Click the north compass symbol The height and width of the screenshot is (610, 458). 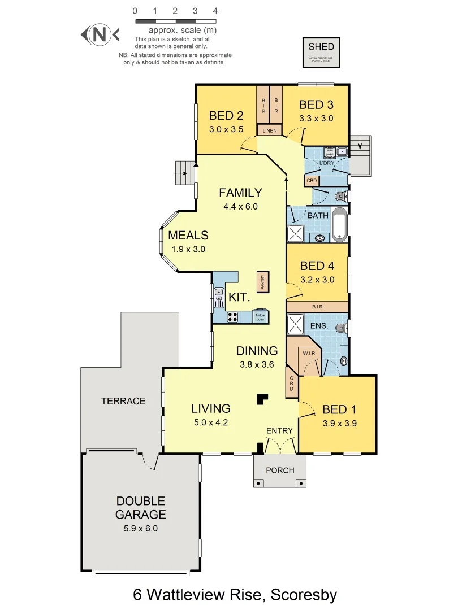(100, 35)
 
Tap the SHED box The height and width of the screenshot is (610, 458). (321, 52)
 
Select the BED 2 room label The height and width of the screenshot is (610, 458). (226, 116)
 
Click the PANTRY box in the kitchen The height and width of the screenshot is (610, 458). (263, 281)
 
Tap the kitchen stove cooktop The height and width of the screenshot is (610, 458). (232, 317)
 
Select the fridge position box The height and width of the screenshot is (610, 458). (260, 316)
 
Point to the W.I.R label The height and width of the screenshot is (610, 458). (308, 354)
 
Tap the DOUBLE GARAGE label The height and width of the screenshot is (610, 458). (141, 508)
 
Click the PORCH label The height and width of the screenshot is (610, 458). (280, 470)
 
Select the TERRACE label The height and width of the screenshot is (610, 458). (123, 401)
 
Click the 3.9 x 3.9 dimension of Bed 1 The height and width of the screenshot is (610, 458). (339, 422)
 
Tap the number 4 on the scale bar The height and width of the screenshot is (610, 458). (215, 11)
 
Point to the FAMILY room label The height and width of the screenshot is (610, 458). (240, 193)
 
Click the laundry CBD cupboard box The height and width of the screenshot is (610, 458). (312, 181)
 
